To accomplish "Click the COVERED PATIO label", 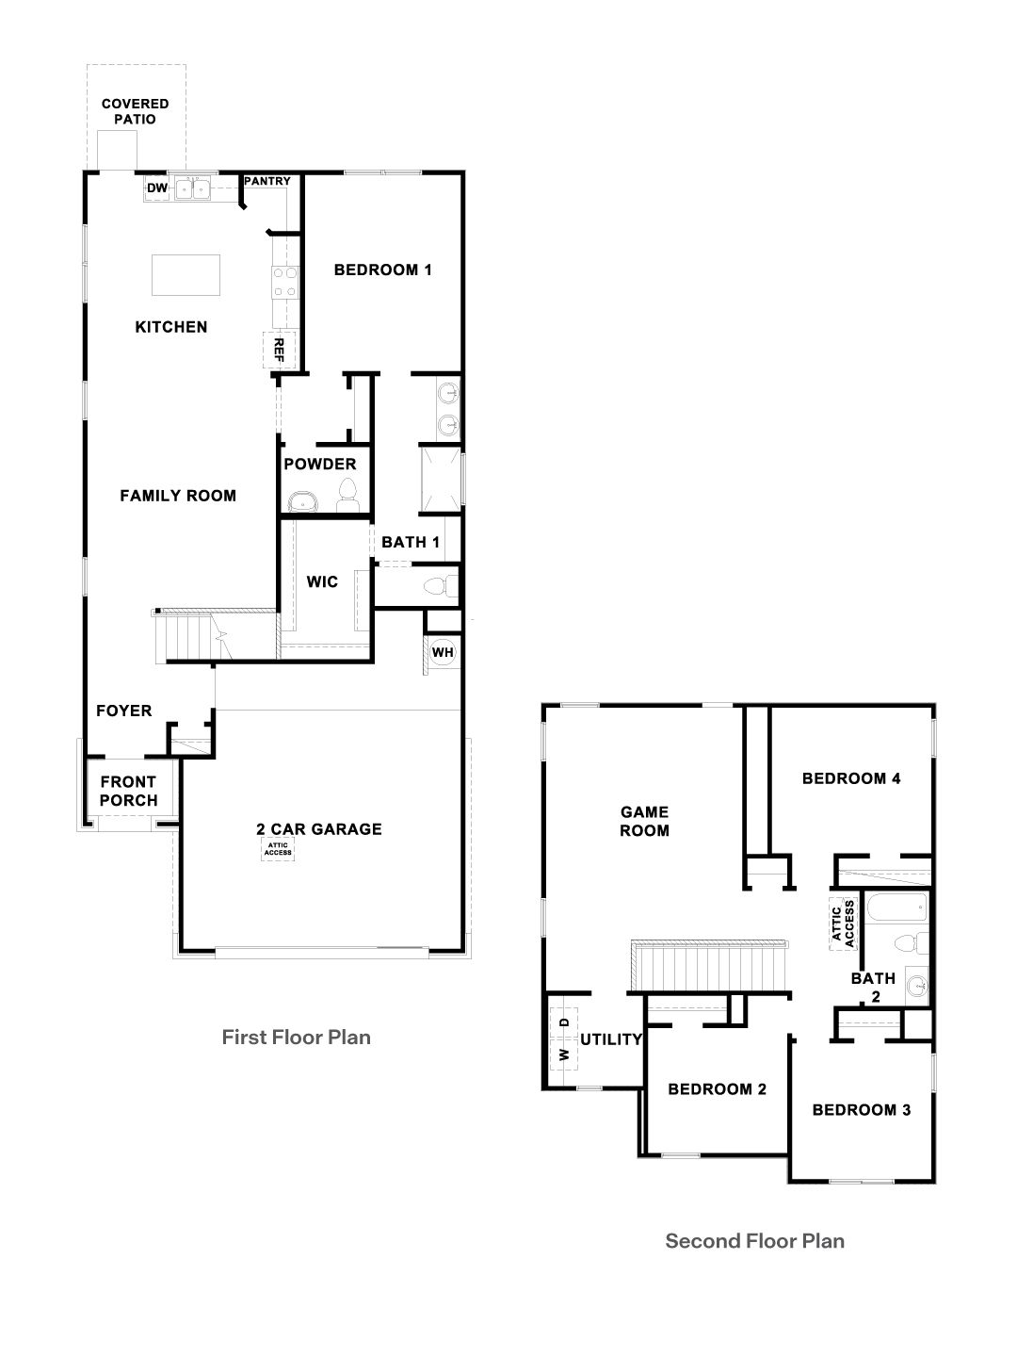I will [x=136, y=111].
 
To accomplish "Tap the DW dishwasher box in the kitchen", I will [x=157, y=189].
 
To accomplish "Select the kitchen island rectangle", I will [x=186, y=274].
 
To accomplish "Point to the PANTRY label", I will [x=267, y=181].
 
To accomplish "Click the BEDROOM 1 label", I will [x=382, y=270].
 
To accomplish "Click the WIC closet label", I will [x=322, y=581].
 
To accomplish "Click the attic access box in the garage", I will [x=279, y=849].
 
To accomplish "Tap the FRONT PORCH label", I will [x=128, y=791].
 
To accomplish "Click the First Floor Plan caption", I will [x=296, y=1038].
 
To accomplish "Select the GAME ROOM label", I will [x=644, y=821].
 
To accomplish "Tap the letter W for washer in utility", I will [x=564, y=1054].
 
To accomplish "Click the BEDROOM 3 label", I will [x=861, y=1109].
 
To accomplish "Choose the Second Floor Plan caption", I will [x=754, y=1241].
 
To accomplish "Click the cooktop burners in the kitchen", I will [x=285, y=282].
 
